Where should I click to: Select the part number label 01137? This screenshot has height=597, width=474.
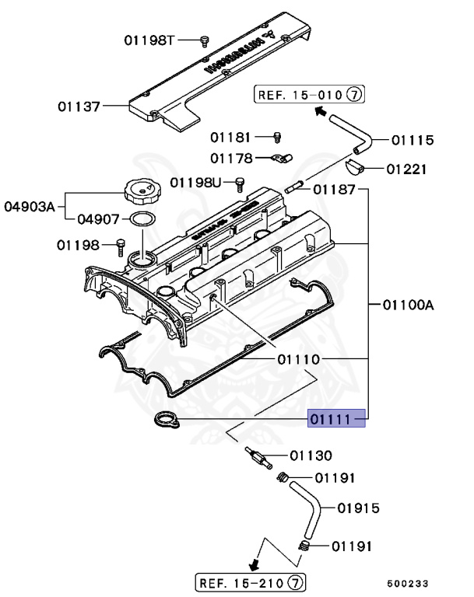(79, 106)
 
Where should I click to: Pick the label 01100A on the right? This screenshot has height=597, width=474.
(406, 305)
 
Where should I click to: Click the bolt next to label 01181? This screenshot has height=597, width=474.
(276, 138)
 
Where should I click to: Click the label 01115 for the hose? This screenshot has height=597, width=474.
(413, 140)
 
